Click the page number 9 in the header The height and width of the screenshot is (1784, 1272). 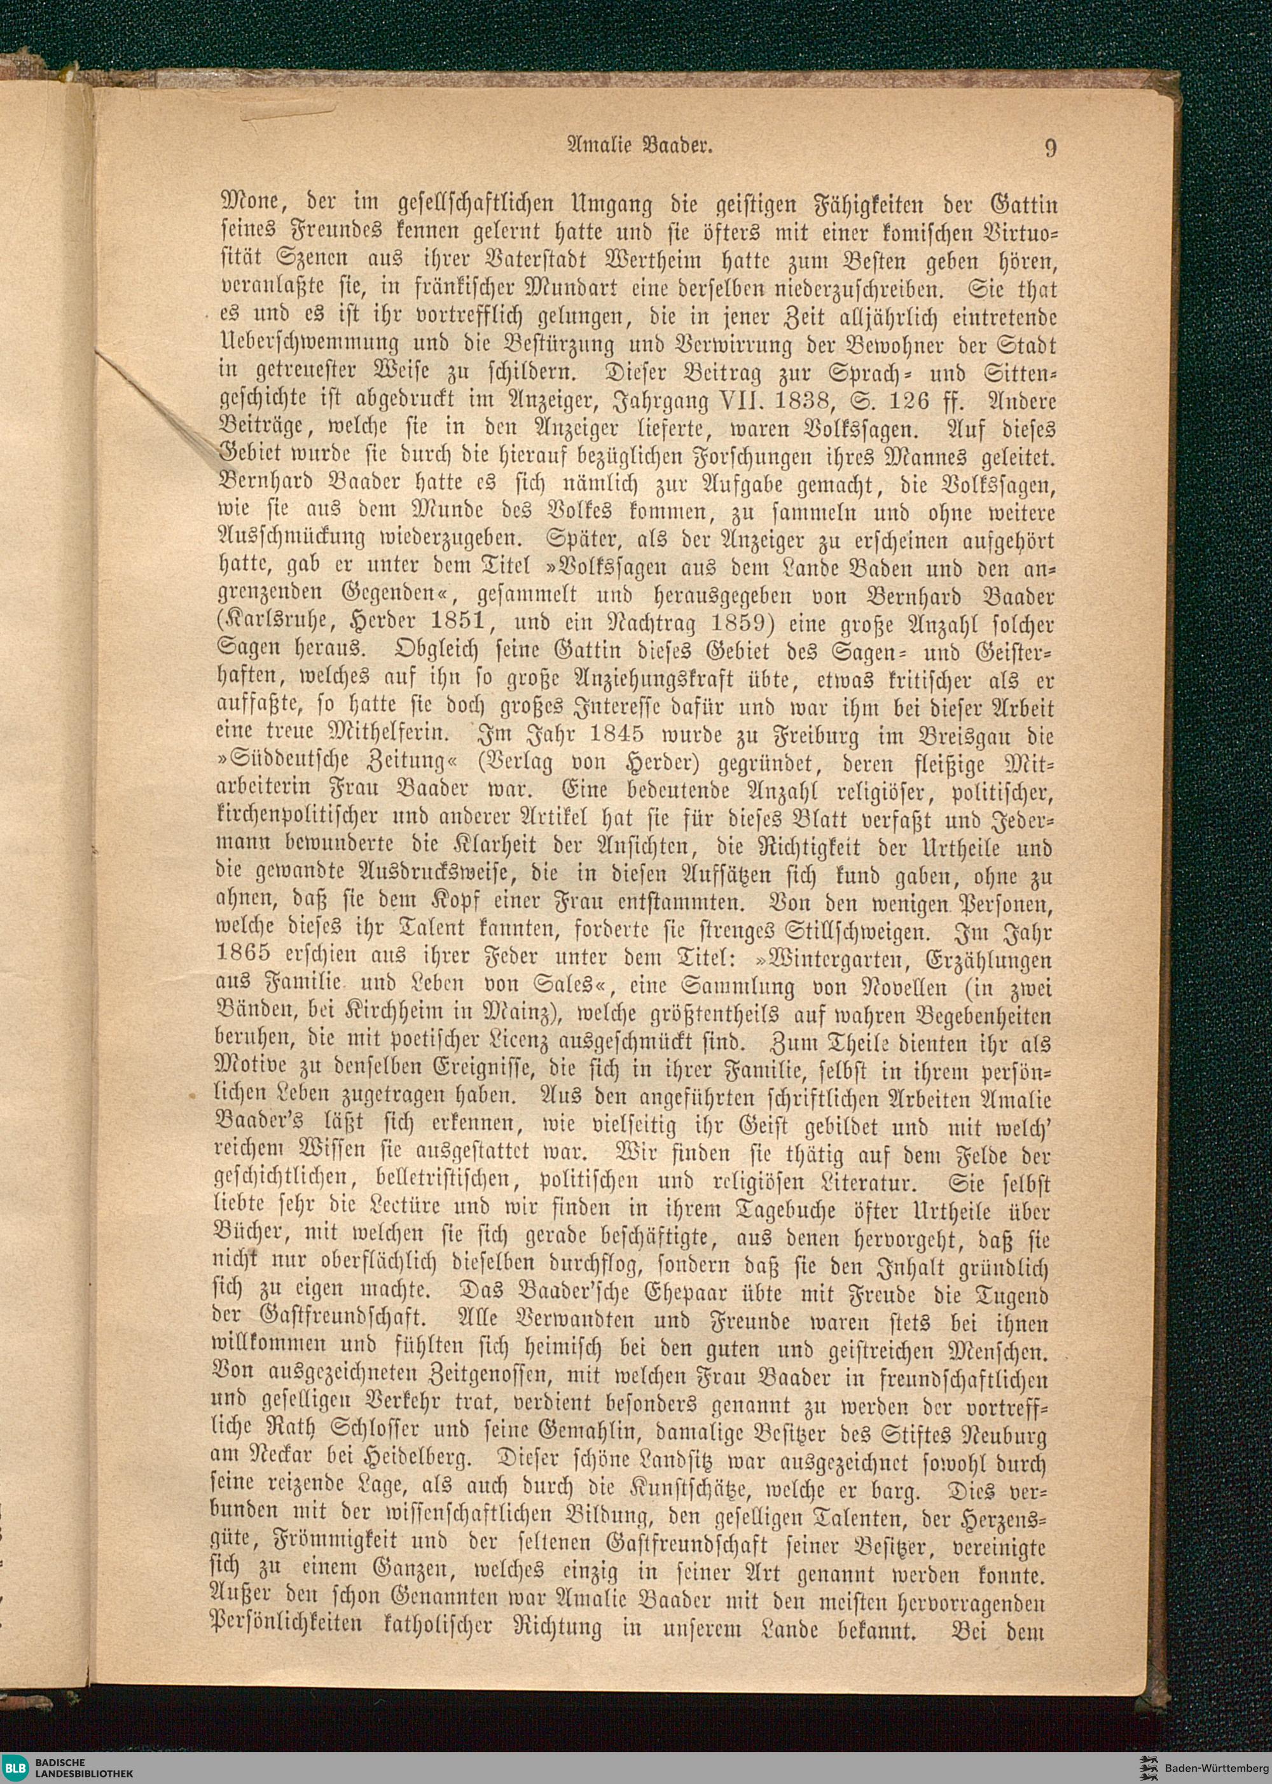(x=1050, y=146)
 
